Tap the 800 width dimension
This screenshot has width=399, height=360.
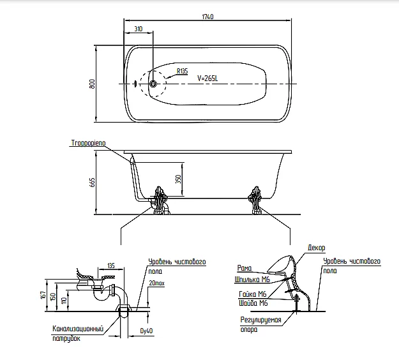click(x=92, y=84)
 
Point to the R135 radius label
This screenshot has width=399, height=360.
click(x=182, y=71)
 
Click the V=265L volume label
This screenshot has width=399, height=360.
click(x=208, y=79)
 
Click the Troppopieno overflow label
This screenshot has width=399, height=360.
click(x=88, y=146)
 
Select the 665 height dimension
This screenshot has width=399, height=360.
click(x=92, y=184)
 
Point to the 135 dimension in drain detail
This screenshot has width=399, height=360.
click(x=110, y=266)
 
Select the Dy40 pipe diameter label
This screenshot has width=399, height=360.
click(x=146, y=331)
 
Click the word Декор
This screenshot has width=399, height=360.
click(x=316, y=246)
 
